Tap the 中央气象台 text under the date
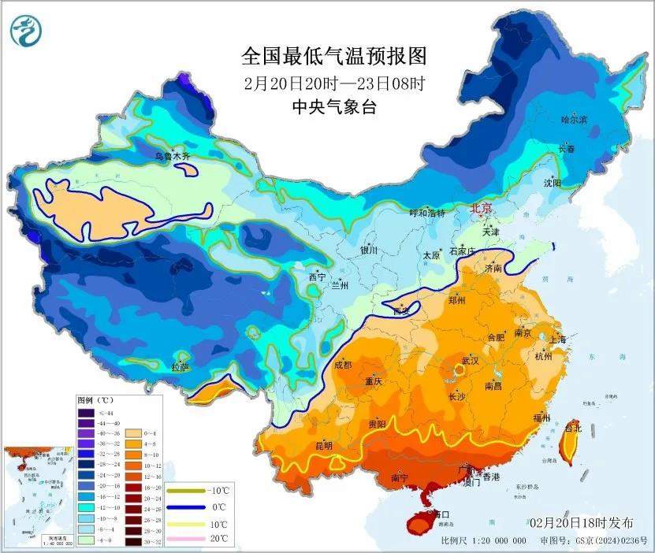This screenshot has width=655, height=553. coord(333,107)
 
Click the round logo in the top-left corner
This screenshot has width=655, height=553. coord(26,30)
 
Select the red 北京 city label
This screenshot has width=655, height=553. coord(481,209)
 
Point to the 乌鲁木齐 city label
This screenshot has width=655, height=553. coord(172,157)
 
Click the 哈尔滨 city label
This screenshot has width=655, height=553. coord(574,120)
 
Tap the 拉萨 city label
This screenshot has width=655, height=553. coord(180,367)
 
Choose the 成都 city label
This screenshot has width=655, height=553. coord(343,364)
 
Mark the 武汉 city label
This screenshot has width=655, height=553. coord(471,360)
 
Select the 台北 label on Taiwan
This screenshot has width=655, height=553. coord(573,428)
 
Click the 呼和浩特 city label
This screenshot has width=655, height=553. coord(426,213)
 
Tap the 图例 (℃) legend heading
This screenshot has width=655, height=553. coord(95,400)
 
